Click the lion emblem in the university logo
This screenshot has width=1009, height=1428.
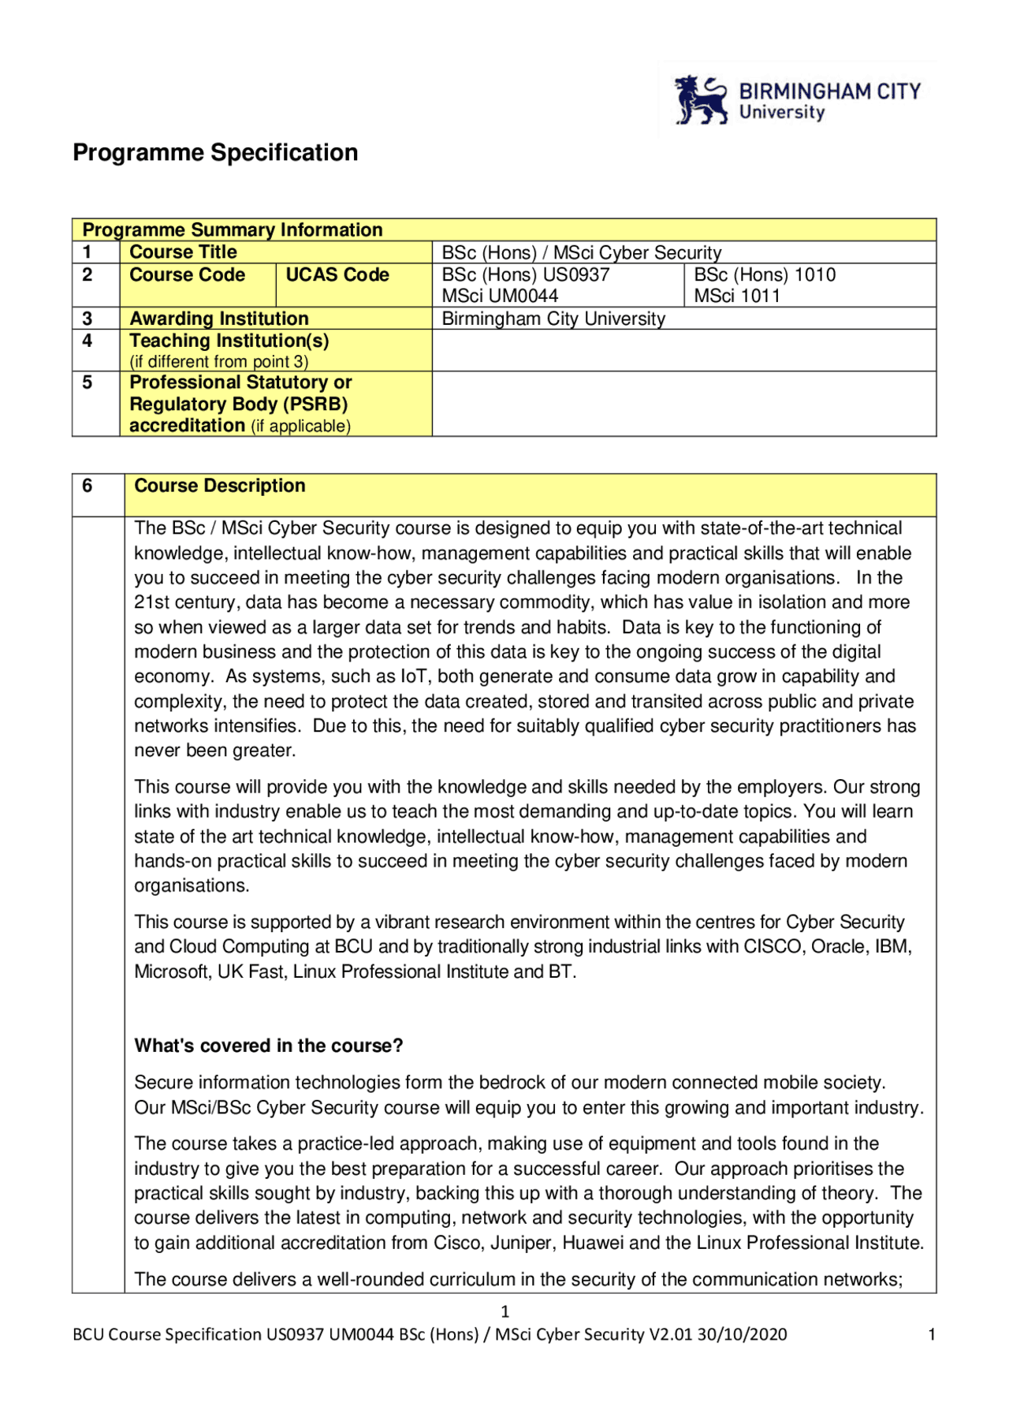tap(700, 100)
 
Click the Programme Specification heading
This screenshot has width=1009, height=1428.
tap(215, 152)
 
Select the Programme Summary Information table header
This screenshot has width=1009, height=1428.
tap(233, 229)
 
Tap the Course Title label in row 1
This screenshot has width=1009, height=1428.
tap(183, 252)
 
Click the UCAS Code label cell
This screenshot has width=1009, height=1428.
tap(337, 275)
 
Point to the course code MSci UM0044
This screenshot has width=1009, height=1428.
tap(500, 296)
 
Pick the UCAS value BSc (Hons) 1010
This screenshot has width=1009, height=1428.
tap(765, 275)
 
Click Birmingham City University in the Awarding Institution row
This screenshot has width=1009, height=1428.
tap(553, 319)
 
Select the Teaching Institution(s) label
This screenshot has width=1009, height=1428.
tap(229, 341)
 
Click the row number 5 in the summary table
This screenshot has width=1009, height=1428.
tap(87, 382)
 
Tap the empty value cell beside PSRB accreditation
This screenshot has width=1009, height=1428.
tap(683, 404)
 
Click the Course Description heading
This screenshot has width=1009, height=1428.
tap(220, 486)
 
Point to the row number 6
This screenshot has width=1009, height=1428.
tap(87, 486)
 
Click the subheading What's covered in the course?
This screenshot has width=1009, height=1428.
tap(268, 1046)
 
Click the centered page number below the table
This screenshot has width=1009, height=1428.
tap(505, 1311)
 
